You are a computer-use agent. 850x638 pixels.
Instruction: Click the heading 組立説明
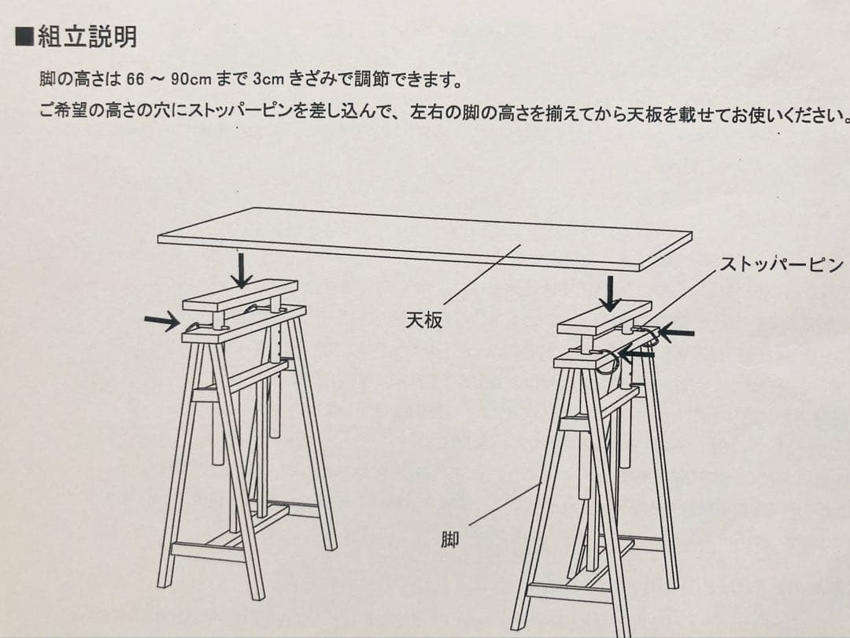pos(87,37)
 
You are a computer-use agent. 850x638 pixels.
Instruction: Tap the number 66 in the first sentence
pos(135,79)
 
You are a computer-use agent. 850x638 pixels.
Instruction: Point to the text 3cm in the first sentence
pos(268,79)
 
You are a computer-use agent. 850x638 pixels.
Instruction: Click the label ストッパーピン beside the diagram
pos(781,264)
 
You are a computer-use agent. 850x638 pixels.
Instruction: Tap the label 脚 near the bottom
pos(449,540)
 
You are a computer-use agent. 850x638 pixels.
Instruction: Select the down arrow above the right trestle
pos(608,293)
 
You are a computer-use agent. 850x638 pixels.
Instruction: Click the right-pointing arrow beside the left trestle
pos(161,320)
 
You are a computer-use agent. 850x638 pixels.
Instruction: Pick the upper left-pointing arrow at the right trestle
pos(676,333)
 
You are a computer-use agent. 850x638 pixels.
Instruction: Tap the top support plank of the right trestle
pos(604,318)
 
